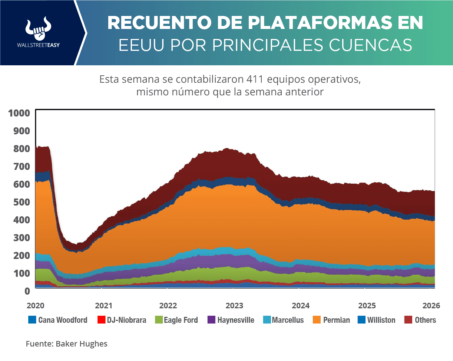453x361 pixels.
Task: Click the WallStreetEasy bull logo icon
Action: [x=38, y=29]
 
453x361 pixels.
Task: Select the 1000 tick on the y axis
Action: [x=19, y=113]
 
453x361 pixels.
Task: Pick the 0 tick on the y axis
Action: [x=27, y=291]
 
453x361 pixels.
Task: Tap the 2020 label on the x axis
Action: [x=36, y=306]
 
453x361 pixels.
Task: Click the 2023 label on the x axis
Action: [x=234, y=306]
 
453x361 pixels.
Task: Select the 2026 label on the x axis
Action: [x=431, y=306]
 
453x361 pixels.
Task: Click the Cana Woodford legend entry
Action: [x=58, y=320]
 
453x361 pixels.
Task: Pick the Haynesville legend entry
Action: [x=231, y=320]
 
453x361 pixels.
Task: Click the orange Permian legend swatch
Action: [x=317, y=320]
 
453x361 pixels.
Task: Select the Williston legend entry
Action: [x=377, y=320]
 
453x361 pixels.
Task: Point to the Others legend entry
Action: [x=420, y=320]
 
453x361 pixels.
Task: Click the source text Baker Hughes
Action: [x=82, y=344]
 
